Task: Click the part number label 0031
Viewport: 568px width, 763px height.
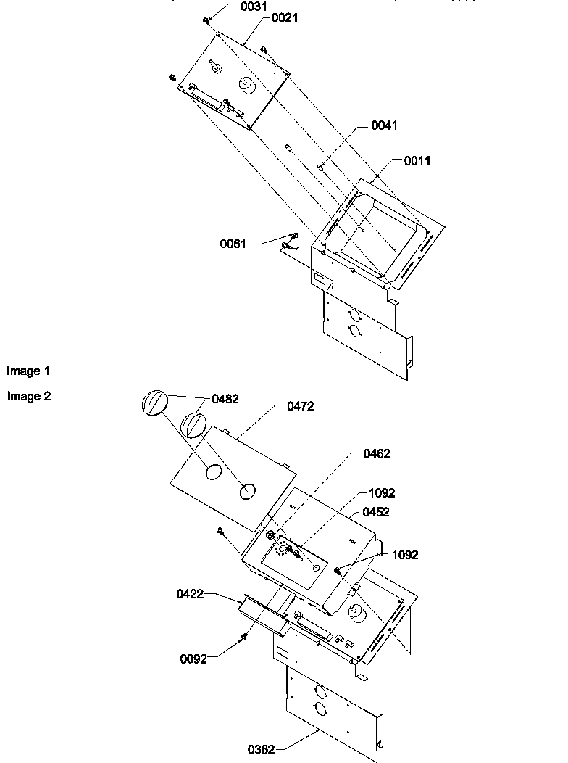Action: [254, 7]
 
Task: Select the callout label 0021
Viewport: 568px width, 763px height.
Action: [285, 18]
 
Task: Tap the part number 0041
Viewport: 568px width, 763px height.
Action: [384, 125]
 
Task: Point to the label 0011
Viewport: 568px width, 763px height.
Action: [417, 160]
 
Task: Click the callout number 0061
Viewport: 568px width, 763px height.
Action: [233, 244]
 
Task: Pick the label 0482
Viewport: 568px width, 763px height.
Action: [225, 399]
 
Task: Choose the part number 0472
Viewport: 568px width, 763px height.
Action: [300, 406]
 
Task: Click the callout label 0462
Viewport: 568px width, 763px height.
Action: [377, 454]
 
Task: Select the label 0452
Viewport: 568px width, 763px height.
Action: [375, 512]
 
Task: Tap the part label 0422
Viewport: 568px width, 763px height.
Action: [190, 594]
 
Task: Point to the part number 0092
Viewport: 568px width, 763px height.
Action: [193, 659]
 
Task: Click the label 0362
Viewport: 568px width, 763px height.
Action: [262, 750]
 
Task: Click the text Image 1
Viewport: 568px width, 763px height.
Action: [28, 371]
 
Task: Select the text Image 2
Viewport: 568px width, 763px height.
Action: [29, 397]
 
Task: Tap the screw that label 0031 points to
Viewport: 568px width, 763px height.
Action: [206, 20]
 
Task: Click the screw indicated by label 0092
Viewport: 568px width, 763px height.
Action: [244, 637]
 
